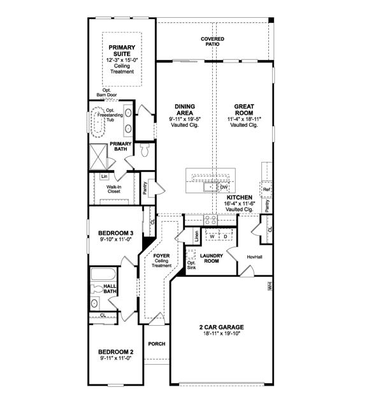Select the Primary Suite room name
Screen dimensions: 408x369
coord(120,50)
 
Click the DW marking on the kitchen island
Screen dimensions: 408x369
coord(223,187)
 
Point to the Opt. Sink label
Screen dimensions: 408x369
coord(191,265)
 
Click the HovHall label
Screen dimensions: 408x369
coord(256,257)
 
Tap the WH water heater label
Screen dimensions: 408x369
coord(270,287)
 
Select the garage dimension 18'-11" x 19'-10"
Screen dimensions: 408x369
coord(221,333)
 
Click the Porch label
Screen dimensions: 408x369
coord(156,344)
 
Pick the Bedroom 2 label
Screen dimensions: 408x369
coord(115,352)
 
